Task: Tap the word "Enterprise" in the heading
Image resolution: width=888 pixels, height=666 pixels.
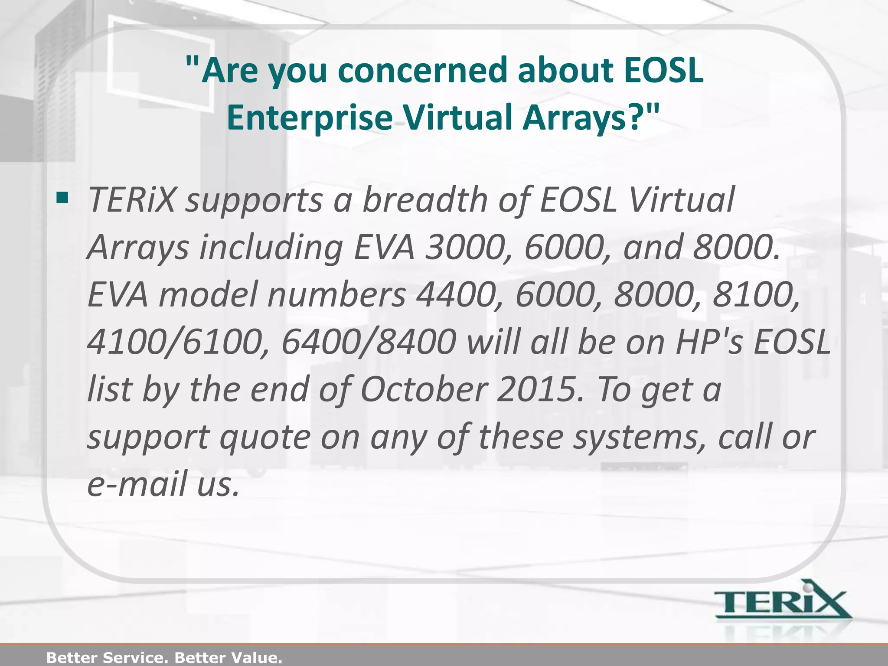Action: coord(309,118)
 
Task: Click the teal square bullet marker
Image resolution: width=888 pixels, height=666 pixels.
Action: coord(62,198)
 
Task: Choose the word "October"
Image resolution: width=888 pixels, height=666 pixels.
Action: coord(424,389)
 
